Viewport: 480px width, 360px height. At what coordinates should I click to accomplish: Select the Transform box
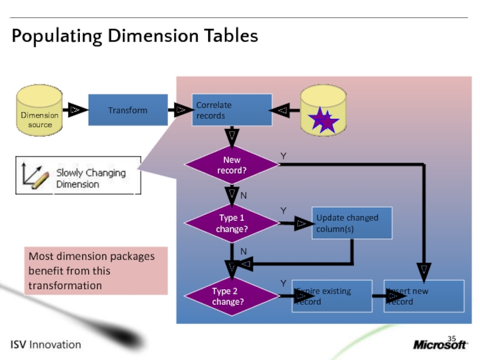point(127,110)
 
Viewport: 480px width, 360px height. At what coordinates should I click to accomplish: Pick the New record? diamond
point(232,165)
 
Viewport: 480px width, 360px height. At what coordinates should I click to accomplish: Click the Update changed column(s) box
point(352,223)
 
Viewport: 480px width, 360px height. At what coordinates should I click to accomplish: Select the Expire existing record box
point(332,296)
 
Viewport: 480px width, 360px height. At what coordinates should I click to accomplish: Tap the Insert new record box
point(425,296)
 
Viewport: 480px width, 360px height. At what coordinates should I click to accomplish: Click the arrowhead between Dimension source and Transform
point(75,110)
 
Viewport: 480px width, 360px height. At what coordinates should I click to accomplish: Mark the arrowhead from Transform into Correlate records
point(180,110)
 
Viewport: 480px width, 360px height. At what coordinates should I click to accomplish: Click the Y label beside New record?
point(283,156)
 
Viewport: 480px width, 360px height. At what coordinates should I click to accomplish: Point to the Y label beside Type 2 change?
point(283,283)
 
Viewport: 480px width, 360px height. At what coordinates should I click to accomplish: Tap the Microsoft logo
point(440,344)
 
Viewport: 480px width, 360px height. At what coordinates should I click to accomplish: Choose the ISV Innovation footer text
point(46,344)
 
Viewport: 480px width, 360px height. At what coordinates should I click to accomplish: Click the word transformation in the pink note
point(65,285)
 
